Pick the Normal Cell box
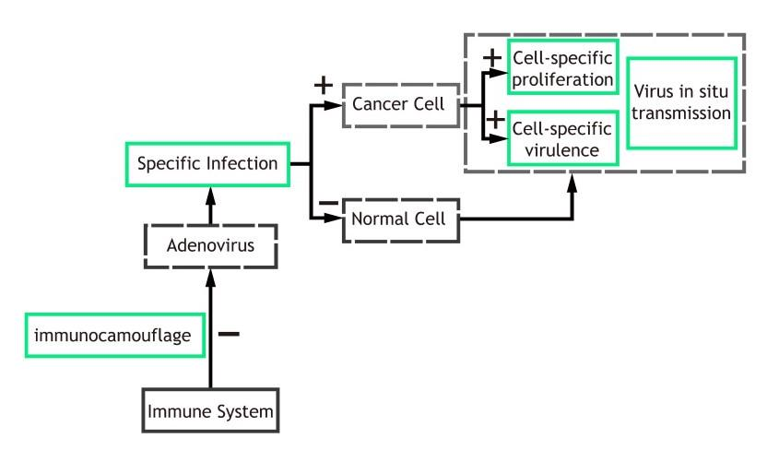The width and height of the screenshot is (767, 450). click(x=399, y=220)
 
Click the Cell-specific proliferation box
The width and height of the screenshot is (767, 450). click(x=564, y=67)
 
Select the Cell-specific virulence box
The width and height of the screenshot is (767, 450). click(x=564, y=137)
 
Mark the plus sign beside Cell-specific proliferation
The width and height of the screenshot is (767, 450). click(x=493, y=57)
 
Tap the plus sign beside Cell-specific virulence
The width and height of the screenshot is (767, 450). click(x=493, y=120)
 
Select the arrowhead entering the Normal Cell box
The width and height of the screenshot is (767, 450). click(x=336, y=220)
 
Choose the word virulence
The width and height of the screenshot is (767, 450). click(x=563, y=148)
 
